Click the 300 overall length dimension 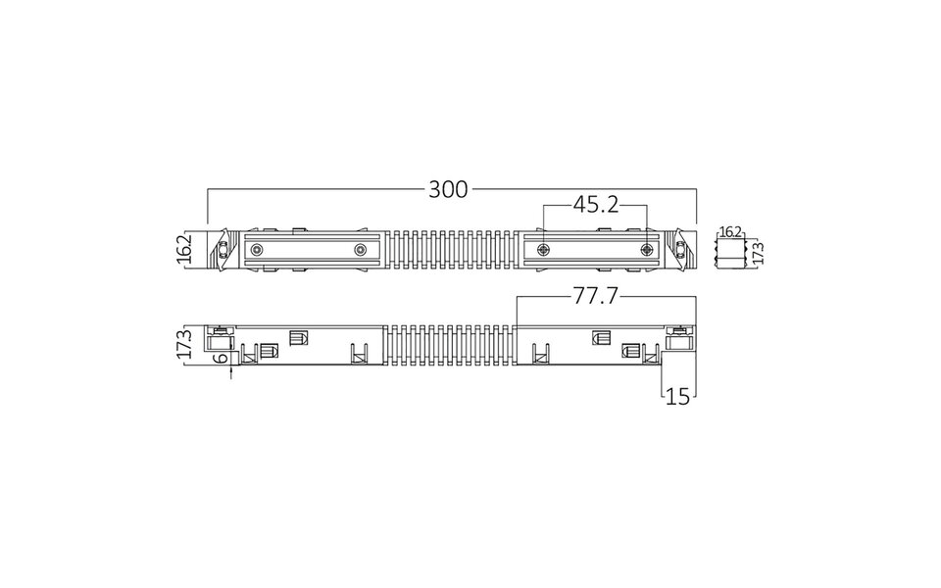click(448, 190)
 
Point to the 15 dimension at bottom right click(678, 396)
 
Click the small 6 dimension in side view click(223, 358)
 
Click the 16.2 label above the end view click(729, 231)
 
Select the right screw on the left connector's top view click(360, 251)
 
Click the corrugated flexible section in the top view click(451, 251)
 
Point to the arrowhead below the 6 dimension click(230, 371)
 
